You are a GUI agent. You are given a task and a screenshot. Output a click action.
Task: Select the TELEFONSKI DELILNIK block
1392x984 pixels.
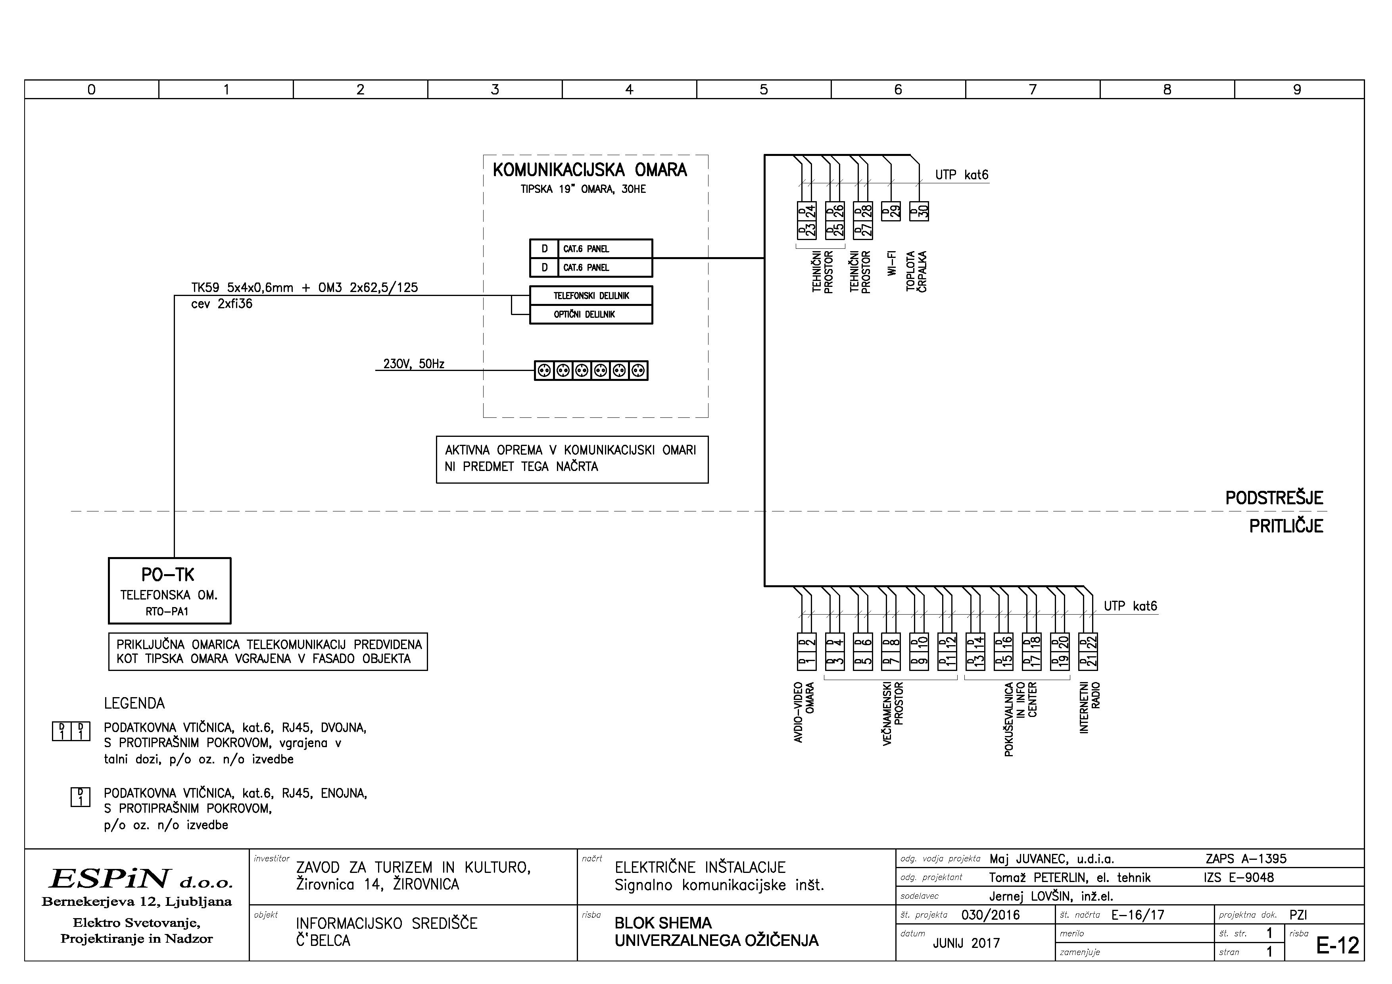591,296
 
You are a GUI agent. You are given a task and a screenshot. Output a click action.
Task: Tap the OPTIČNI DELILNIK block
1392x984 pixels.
591,315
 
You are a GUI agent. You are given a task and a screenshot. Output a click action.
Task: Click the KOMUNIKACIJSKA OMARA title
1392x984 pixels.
590,170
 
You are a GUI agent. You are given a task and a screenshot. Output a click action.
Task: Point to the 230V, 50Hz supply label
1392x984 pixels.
413,364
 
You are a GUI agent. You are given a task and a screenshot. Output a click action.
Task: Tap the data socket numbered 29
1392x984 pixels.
891,211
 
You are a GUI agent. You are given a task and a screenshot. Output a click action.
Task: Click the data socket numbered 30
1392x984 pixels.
919,211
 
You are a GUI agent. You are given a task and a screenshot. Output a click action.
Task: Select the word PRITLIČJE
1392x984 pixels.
1285,526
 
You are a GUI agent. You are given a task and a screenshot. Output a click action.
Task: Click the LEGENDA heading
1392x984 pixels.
134,703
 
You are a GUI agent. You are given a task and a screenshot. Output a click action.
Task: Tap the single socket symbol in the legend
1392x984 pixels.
81,797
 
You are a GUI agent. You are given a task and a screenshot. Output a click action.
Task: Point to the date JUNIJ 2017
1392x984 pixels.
966,943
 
